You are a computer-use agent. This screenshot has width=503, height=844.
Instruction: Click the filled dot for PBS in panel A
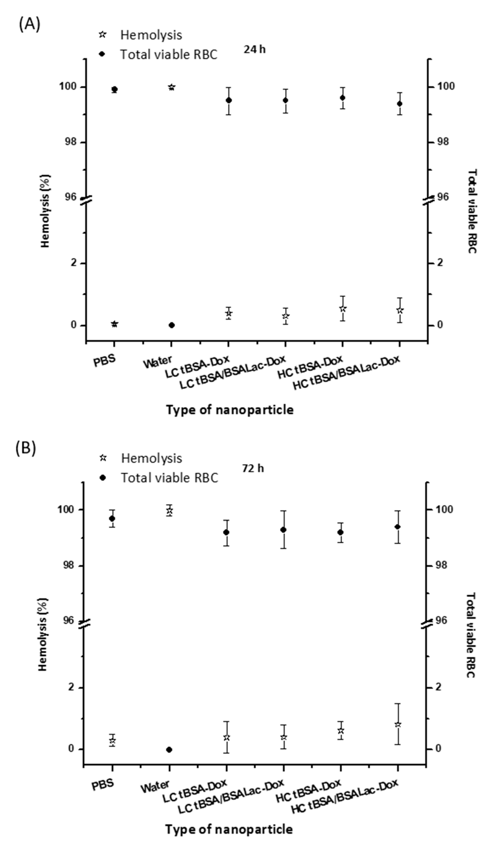point(115,89)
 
